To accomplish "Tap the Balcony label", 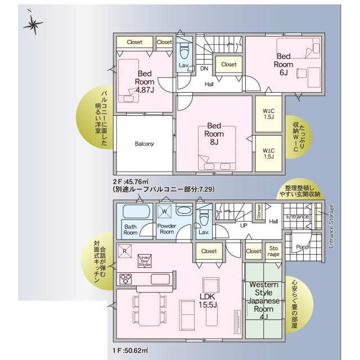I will [x=144, y=144].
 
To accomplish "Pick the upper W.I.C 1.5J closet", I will [x=269, y=113].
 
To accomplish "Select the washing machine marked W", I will [x=165, y=211].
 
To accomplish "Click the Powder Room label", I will [x=167, y=229].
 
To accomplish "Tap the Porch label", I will [x=303, y=246].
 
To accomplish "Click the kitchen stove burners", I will [x=125, y=279].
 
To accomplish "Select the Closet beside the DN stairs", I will [x=228, y=65].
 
